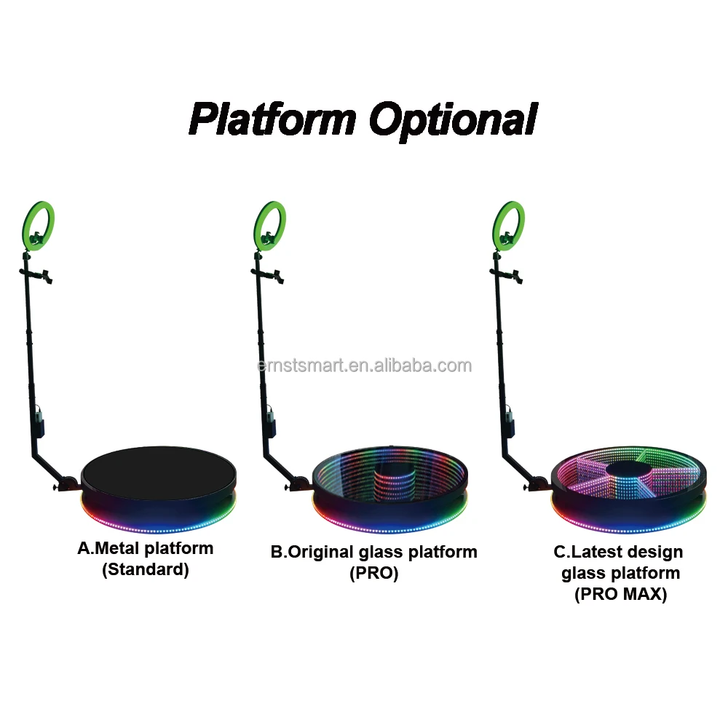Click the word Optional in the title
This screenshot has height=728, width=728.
click(x=453, y=119)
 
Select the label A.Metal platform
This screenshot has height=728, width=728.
click(x=146, y=549)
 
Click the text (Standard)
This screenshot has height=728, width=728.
click(x=146, y=570)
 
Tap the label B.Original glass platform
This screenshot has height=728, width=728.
click(x=374, y=552)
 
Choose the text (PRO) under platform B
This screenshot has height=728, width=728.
click(x=374, y=573)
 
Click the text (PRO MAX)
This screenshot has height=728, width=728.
click(x=620, y=594)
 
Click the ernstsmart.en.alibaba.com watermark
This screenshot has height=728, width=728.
click(x=364, y=365)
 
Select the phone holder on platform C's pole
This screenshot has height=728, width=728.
click(x=515, y=274)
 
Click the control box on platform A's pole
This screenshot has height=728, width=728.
click(x=39, y=424)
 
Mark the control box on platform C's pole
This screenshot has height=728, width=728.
click(x=510, y=424)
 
